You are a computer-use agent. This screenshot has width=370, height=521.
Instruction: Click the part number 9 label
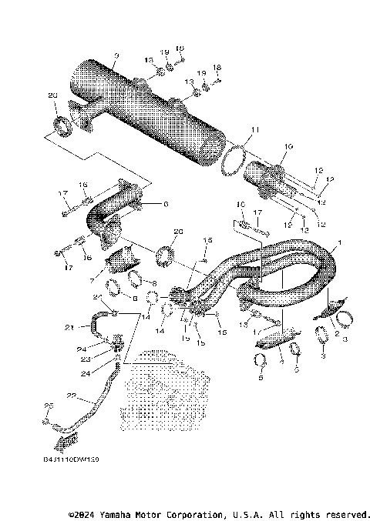[116, 55]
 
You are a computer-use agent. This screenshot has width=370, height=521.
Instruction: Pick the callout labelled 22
[71, 397]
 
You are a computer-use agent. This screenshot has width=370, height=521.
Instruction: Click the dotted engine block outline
[166, 392]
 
